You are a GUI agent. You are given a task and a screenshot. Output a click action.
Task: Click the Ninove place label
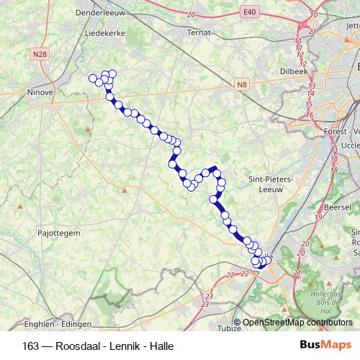40,92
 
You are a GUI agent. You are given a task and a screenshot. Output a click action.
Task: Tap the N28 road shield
40,54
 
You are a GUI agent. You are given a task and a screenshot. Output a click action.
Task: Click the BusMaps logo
326,346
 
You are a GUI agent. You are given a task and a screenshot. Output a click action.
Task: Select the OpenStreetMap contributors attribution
298,323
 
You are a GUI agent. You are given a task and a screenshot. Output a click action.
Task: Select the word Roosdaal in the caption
76,346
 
